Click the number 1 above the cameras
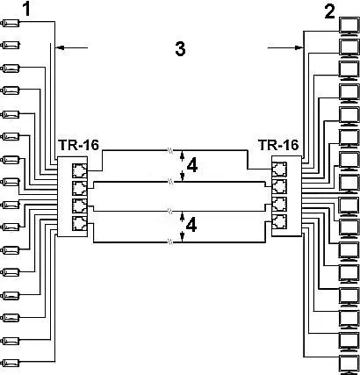point(26,9)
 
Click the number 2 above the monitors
point(329,12)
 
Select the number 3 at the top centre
point(180,48)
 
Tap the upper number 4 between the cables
point(191,165)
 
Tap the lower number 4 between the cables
point(191,226)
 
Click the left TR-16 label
point(79,145)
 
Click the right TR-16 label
point(278,145)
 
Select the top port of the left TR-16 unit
point(79,170)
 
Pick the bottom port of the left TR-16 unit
point(79,223)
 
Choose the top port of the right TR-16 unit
point(279,169)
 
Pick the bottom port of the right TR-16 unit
point(279,221)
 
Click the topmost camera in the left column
point(11,23)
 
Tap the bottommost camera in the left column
point(11,363)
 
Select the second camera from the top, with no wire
point(11,45)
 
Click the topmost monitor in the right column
point(349,26)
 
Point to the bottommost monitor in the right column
point(349,364)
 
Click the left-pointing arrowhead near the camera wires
point(60,47)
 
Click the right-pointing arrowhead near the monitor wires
point(299,47)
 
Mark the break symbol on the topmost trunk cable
point(170,150)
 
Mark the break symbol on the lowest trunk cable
point(170,242)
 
